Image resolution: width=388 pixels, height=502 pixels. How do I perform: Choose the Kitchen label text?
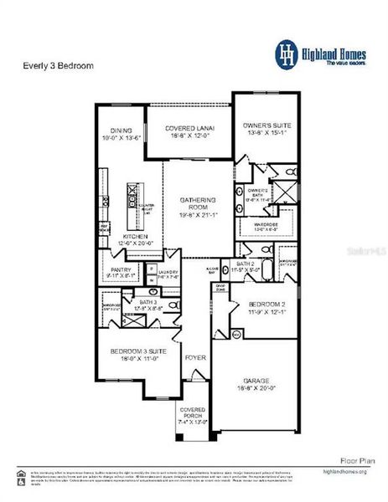click(136, 237)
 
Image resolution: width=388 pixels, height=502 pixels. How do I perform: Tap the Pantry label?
click(121, 270)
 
